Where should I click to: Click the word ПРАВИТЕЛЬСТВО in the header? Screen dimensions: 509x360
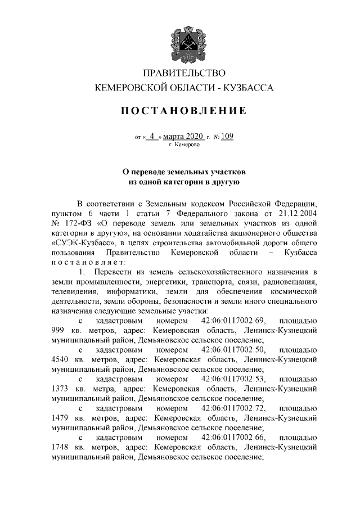click(x=184, y=74)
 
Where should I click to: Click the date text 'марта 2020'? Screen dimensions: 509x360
click(x=185, y=136)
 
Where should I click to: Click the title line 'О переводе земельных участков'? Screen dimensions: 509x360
click(x=184, y=171)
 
